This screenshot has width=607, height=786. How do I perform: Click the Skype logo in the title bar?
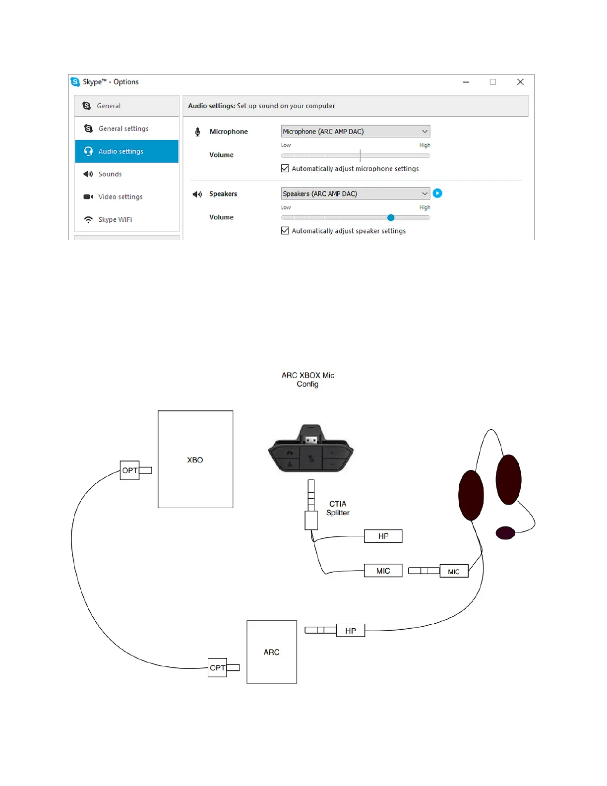[75, 82]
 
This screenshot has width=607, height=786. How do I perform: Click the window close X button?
[520, 82]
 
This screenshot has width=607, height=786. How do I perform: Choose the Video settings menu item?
[120, 197]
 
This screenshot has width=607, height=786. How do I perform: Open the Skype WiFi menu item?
[115, 220]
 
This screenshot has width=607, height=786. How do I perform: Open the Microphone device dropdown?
[355, 131]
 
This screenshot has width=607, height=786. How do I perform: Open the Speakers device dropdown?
[355, 194]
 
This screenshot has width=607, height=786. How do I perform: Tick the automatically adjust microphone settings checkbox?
[285, 169]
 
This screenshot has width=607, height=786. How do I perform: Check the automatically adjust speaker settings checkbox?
[285, 231]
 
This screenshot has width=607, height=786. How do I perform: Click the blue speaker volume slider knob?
[391, 217]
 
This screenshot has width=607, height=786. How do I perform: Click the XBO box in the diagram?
[195, 459]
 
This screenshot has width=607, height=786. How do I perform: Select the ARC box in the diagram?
[272, 652]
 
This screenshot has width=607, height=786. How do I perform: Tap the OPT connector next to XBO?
[130, 470]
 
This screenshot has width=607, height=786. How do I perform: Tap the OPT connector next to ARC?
[217, 668]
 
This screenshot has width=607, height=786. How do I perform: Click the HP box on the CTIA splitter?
[383, 536]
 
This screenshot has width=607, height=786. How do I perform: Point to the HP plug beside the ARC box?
[351, 631]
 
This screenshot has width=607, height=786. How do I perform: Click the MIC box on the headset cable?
[454, 571]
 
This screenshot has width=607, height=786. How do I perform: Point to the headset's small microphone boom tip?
[505, 533]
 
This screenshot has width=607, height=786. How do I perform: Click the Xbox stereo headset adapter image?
[311, 450]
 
